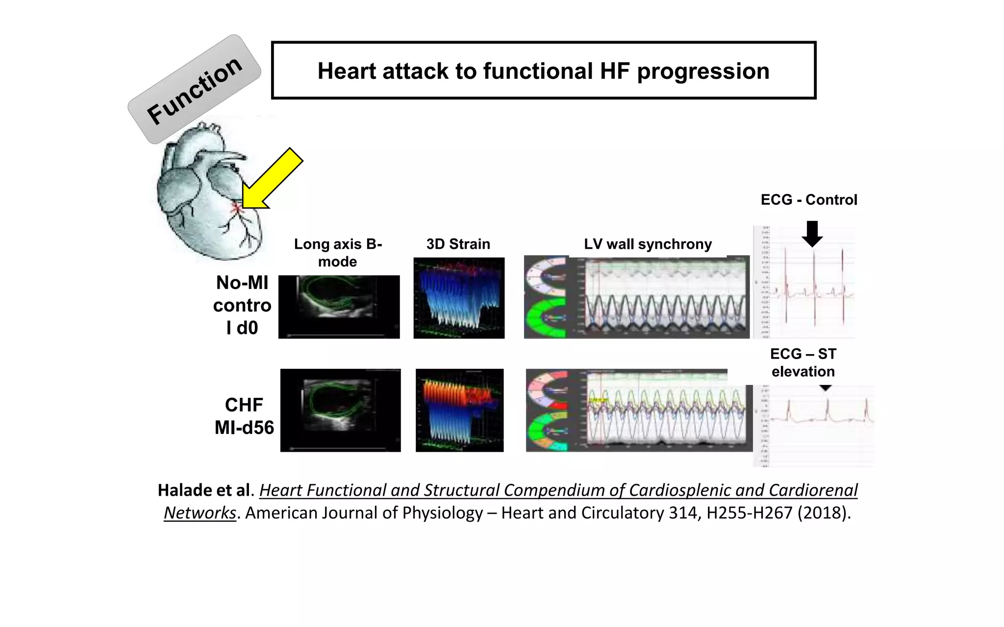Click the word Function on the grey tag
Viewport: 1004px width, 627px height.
pyautogui.click(x=195, y=91)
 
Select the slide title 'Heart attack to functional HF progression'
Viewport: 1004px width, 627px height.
pyautogui.click(x=543, y=71)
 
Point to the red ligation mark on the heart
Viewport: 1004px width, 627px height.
pyautogui.click(x=236, y=208)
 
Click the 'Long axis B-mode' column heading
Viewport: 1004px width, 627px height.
pyautogui.click(x=338, y=253)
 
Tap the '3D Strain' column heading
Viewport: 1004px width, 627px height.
pyautogui.click(x=458, y=244)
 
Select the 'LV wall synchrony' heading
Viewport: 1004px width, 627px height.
pyautogui.click(x=648, y=244)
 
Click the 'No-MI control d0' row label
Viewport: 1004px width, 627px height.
pyautogui.click(x=242, y=305)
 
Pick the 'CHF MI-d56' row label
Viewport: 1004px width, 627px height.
pyautogui.click(x=244, y=416)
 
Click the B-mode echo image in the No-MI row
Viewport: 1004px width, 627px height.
pyautogui.click(x=339, y=307)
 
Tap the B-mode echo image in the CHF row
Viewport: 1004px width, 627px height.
pyautogui.click(x=340, y=410)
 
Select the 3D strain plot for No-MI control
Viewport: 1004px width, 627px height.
pyautogui.click(x=459, y=298)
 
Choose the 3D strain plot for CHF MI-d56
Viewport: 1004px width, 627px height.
pyautogui.click(x=459, y=410)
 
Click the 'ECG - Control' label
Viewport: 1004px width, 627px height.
pyautogui.click(x=809, y=200)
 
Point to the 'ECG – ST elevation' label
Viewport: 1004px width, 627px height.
pyautogui.click(x=803, y=362)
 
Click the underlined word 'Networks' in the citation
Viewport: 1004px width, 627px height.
pyautogui.click(x=200, y=513)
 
